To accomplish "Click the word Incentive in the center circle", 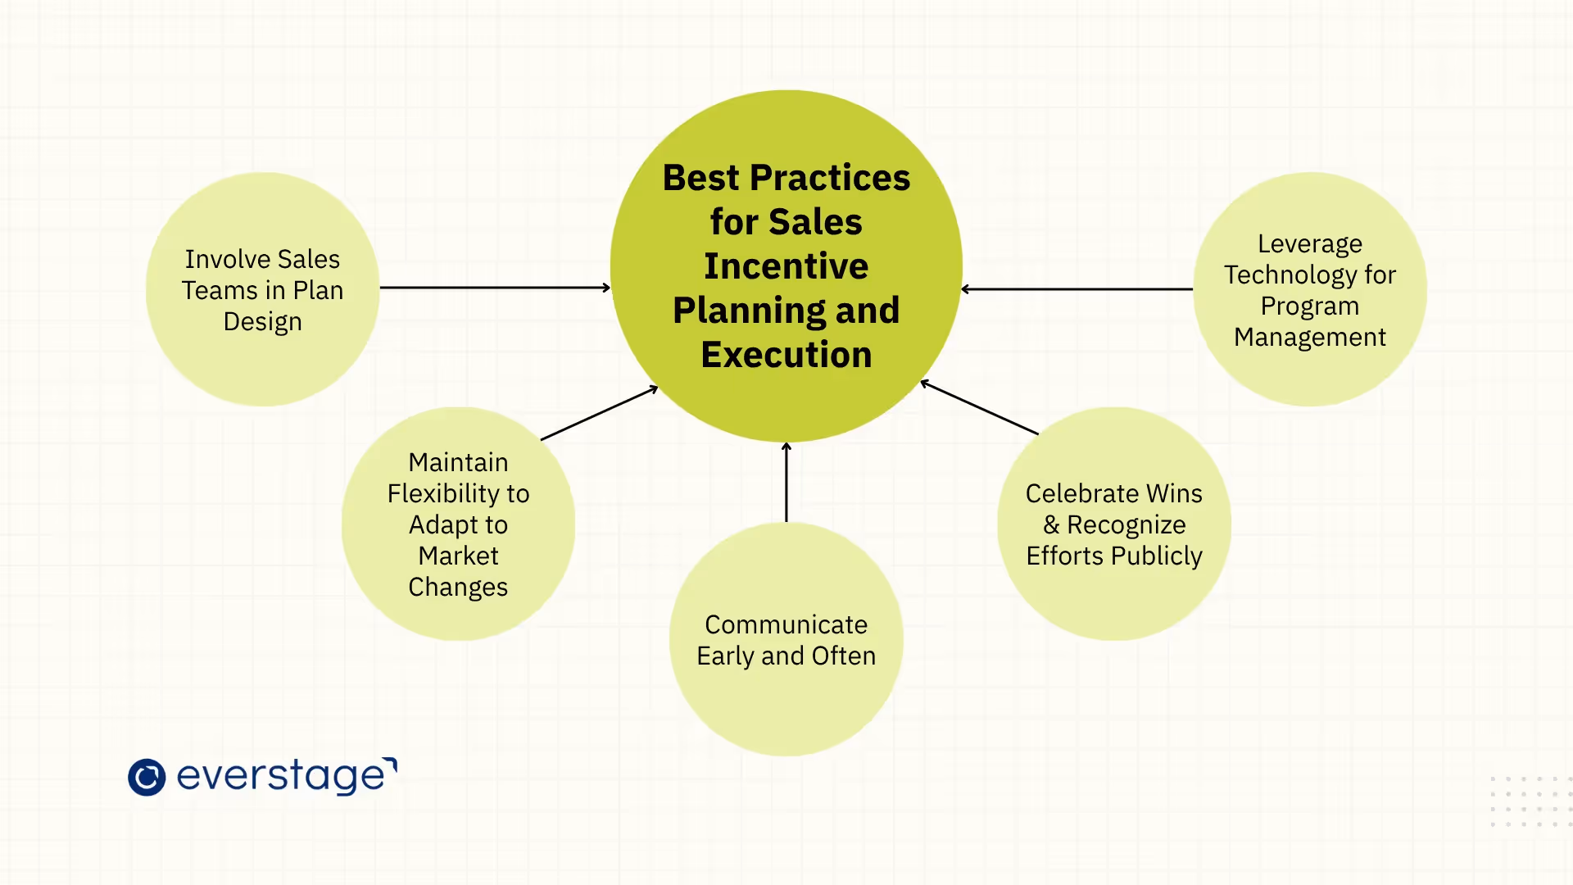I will tap(786, 266).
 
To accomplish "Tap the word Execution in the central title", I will tap(786, 355).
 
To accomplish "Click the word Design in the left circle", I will tap(262, 321).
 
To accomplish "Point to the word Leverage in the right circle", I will tap(1309, 244).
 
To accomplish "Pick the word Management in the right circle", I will tap(1309, 337).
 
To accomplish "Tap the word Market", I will tap(458, 556).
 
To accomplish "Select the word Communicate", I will tap(786, 624).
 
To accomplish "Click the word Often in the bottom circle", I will tap(844, 656).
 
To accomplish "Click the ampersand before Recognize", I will tap(1051, 524).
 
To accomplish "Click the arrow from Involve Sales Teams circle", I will tap(495, 288).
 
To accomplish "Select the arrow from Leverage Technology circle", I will tap(1077, 288).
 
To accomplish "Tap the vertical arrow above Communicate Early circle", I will tap(786, 482).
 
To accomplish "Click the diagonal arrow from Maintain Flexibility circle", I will tap(599, 413).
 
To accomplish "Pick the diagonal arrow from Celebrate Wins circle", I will tap(980, 407).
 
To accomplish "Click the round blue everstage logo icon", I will tap(147, 778).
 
